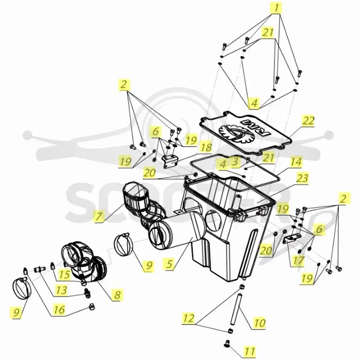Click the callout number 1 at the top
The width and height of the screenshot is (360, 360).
(x=276, y=8)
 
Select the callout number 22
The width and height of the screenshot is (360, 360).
(x=308, y=121)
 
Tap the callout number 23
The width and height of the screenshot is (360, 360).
(x=302, y=178)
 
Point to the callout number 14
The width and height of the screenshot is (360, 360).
(x=296, y=162)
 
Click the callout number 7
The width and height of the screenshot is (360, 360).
(x=99, y=216)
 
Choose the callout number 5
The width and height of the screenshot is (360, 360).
(x=169, y=264)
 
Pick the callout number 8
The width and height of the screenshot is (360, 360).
(x=117, y=295)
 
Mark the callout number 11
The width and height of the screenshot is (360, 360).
(x=250, y=351)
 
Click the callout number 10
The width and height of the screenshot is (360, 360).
(x=260, y=323)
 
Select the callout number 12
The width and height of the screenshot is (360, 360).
(x=189, y=318)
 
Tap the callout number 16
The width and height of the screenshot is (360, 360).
(x=59, y=310)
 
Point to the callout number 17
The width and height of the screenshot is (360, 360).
(x=298, y=261)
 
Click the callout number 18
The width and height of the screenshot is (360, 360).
(x=206, y=147)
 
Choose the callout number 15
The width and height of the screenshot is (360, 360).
(x=64, y=274)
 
